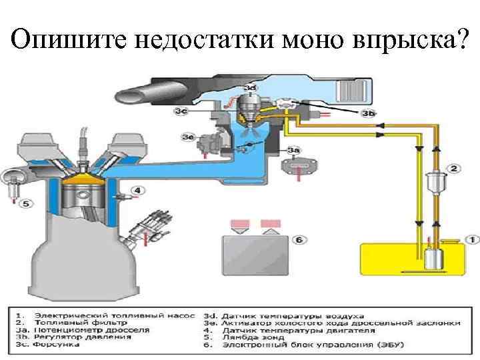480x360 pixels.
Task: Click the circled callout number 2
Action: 453,169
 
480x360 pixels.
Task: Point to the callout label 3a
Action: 293,150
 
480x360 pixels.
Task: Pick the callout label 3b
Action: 368,113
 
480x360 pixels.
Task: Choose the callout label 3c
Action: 181,111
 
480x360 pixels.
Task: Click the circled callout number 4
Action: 137,191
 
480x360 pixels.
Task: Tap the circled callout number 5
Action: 25,203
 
